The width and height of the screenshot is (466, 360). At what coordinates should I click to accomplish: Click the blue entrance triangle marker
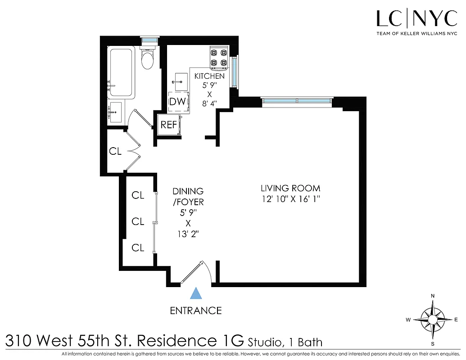[195, 294]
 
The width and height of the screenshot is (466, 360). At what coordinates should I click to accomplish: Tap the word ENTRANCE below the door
[195, 310]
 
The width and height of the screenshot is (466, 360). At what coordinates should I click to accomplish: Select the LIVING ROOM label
[290, 188]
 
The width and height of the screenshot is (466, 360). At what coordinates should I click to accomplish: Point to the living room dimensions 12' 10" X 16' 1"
[290, 198]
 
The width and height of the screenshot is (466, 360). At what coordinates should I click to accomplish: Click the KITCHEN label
[209, 76]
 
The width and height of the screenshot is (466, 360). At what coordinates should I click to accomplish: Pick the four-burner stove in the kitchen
[219, 58]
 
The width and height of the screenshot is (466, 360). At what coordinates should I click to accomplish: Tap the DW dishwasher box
[177, 101]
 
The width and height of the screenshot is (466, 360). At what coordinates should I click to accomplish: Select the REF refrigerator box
[169, 125]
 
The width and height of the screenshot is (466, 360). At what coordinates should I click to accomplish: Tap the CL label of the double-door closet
[115, 152]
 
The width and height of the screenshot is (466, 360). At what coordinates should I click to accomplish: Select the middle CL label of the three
[138, 221]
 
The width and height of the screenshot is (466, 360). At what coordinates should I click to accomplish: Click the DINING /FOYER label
[188, 197]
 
